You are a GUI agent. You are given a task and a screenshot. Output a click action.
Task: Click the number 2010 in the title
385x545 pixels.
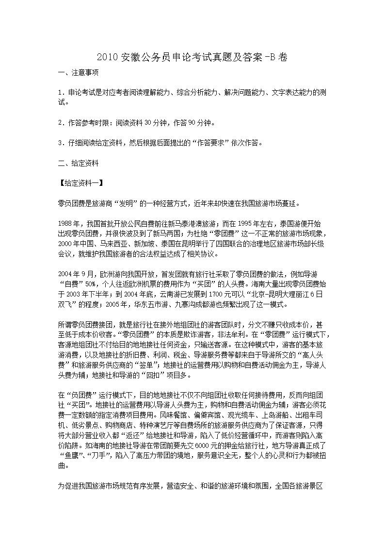(106, 57)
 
